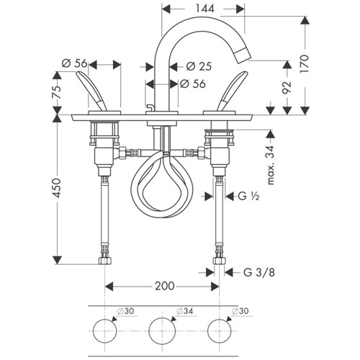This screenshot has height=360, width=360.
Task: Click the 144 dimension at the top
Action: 204,9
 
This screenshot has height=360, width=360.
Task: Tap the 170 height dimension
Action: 304,64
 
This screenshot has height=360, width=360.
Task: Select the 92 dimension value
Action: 287,87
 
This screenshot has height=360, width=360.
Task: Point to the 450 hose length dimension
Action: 57,188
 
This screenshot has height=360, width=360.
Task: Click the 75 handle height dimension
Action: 57,92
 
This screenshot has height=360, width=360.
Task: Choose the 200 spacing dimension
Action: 165,286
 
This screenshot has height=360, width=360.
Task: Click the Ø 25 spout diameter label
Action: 199,66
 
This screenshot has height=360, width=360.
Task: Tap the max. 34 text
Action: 270,165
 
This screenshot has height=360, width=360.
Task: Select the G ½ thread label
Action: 248,197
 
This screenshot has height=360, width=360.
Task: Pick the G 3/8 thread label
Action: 259,272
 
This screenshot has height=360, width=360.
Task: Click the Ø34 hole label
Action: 184,311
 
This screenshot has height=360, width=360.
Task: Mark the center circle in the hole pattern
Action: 162,331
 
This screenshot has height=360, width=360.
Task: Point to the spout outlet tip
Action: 243,56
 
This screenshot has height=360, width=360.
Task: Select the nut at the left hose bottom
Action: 105,261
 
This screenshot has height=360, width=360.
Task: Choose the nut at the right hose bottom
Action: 219,261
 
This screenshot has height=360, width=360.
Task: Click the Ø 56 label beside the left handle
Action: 75,63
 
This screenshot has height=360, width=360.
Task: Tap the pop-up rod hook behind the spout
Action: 149,107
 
